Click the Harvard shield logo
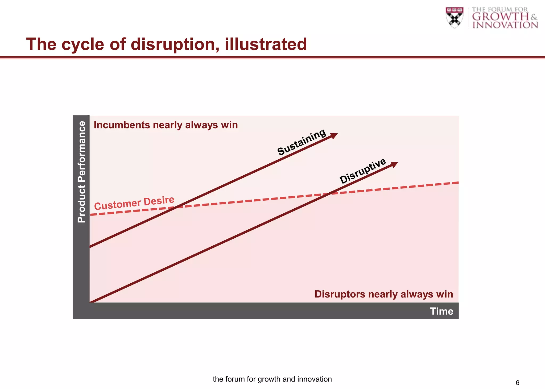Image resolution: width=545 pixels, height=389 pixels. tap(454, 17)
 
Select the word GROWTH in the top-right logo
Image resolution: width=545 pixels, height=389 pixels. tap(500, 17)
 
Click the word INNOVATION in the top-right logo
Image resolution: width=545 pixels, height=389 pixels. tap(505, 25)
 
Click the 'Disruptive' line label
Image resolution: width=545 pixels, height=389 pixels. tap(363, 171)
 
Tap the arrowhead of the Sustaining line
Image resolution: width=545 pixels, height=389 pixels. tap(334, 135)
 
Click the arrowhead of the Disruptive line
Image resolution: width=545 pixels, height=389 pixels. tap(395, 164)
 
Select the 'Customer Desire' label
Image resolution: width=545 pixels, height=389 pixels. tap(134, 203)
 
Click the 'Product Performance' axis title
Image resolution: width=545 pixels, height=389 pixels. tap(81, 172)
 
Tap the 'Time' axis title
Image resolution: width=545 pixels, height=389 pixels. tap(441, 311)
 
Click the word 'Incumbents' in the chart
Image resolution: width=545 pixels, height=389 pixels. tap(122, 125)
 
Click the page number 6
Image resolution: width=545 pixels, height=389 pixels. tap(517, 383)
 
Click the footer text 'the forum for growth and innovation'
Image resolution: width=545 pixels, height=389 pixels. tap(272, 379)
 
